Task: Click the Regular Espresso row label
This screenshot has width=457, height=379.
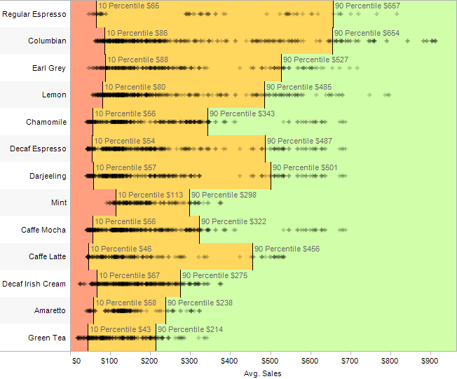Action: tap(34, 14)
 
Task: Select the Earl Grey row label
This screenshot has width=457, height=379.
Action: tap(49, 68)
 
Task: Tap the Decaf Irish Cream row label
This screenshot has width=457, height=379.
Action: tap(34, 284)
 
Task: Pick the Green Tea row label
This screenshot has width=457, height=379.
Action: tap(47, 338)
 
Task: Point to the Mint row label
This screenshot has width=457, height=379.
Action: tap(59, 202)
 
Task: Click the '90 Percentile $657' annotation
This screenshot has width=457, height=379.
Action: tap(367, 6)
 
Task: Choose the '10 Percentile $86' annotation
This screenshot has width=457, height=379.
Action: tap(137, 33)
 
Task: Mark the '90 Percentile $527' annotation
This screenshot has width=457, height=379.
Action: tap(315, 60)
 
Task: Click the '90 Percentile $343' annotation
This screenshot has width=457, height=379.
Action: tap(242, 113)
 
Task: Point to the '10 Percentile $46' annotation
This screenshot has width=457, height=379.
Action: tap(121, 249)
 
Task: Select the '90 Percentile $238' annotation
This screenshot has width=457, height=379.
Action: tap(200, 303)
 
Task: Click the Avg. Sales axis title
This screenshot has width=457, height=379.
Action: tap(263, 373)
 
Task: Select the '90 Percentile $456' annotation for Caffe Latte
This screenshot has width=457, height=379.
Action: tap(287, 249)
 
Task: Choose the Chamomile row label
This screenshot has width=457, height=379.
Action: tap(46, 122)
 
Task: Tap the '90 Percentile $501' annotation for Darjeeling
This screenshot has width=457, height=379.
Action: tap(305, 167)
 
